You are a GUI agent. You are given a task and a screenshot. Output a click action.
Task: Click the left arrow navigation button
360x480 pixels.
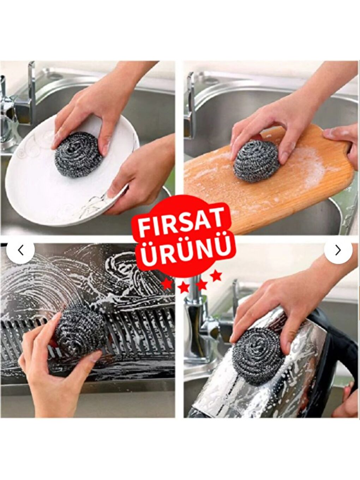pyautogui.click(x=20, y=250)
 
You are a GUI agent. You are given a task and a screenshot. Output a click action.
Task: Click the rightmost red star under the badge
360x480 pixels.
pyautogui.click(x=216, y=276)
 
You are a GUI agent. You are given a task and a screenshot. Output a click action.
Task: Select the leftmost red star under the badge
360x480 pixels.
pyautogui.click(x=166, y=284)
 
